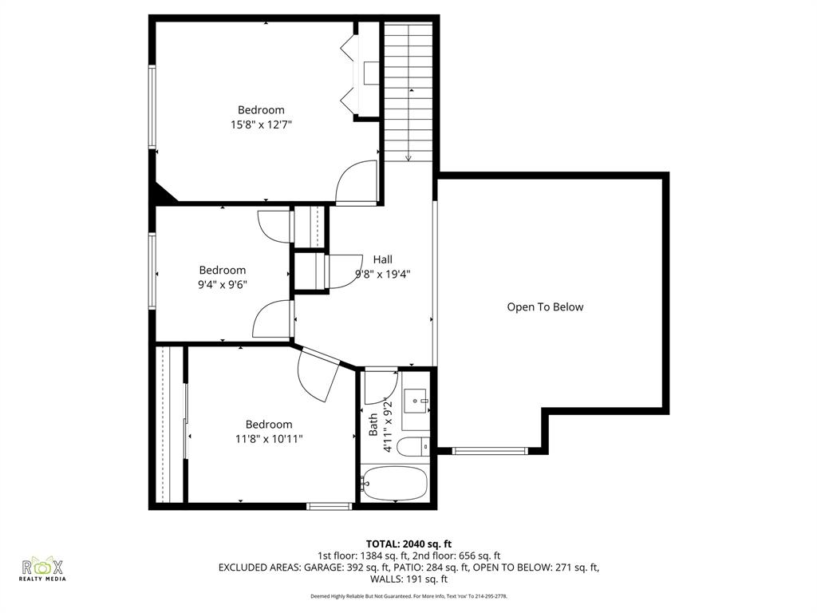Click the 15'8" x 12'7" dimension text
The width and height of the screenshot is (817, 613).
[x=261, y=125]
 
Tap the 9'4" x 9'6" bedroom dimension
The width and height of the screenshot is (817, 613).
[x=223, y=284]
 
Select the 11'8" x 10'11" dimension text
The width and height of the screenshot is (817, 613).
[x=269, y=438]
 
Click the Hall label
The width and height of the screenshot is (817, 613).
[x=383, y=259]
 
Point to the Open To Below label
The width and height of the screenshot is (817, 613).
[x=545, y=306]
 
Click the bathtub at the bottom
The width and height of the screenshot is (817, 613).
[x=395, y=483]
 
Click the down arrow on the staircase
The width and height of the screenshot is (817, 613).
[x=408, y=157]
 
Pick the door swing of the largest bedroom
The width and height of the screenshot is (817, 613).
[x=356, y=182]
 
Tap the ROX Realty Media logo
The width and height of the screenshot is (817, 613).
[x=43, y=568]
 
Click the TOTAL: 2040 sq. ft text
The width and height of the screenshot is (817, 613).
[x=408, y=544]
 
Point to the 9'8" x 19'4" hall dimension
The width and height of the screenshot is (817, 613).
[x=383, y=273]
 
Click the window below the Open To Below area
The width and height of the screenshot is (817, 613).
[x=489, y=451]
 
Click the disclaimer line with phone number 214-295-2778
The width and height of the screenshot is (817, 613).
[x=408, y=596]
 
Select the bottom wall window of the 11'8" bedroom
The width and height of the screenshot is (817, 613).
[x=330, y=505]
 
